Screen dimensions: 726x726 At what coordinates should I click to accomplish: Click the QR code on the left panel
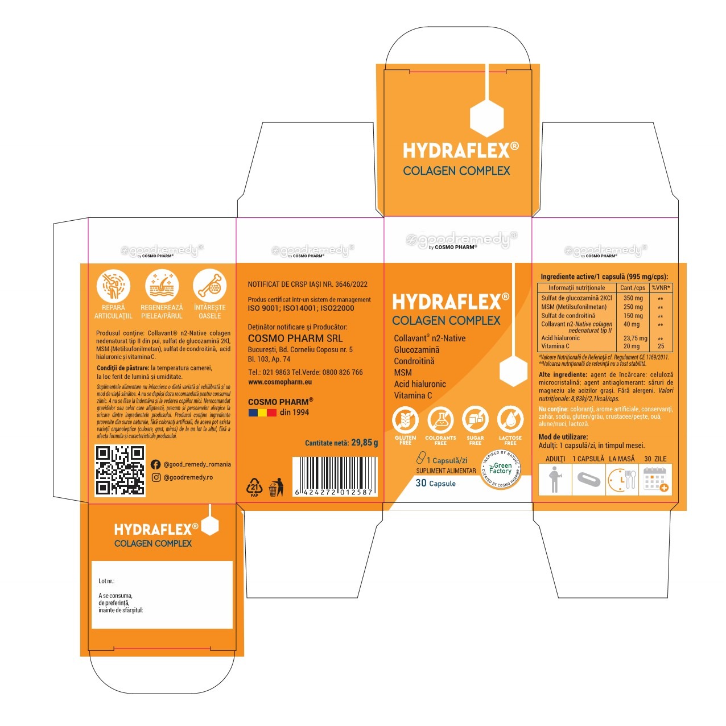[119, 470]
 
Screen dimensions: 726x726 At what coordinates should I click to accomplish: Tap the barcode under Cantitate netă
[334, 476]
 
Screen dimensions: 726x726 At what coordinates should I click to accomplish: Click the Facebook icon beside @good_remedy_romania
[155, 464]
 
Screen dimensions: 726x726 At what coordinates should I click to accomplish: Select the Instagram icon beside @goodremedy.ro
[155, 477]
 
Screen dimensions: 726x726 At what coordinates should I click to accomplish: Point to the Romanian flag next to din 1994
[262, 412]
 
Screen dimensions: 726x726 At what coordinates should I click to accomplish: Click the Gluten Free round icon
[405, 420]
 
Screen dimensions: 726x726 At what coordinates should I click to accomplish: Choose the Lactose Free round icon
[510, 420]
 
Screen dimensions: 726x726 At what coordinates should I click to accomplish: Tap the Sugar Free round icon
[475, 420]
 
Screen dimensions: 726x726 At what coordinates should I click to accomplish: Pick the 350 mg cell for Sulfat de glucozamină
[633, 298]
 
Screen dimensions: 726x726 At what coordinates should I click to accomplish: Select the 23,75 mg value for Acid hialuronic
[635, 338]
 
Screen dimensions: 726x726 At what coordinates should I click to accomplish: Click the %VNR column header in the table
[661, 288]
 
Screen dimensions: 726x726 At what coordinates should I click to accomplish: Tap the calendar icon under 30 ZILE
[655, 479]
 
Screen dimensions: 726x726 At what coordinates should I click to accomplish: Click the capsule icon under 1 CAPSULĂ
[588, 479]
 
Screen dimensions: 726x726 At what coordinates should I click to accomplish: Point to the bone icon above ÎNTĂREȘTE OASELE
[209, 286]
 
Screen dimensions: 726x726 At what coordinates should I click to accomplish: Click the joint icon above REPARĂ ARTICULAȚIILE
[113, 286]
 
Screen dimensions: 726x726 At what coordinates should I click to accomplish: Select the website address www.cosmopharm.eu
[280, 382]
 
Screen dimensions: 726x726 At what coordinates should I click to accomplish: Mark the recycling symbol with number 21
[254, 488]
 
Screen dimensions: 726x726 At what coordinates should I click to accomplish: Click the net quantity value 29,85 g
[364, 443]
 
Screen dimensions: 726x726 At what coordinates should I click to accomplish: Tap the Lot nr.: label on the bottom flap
[106, 581]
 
